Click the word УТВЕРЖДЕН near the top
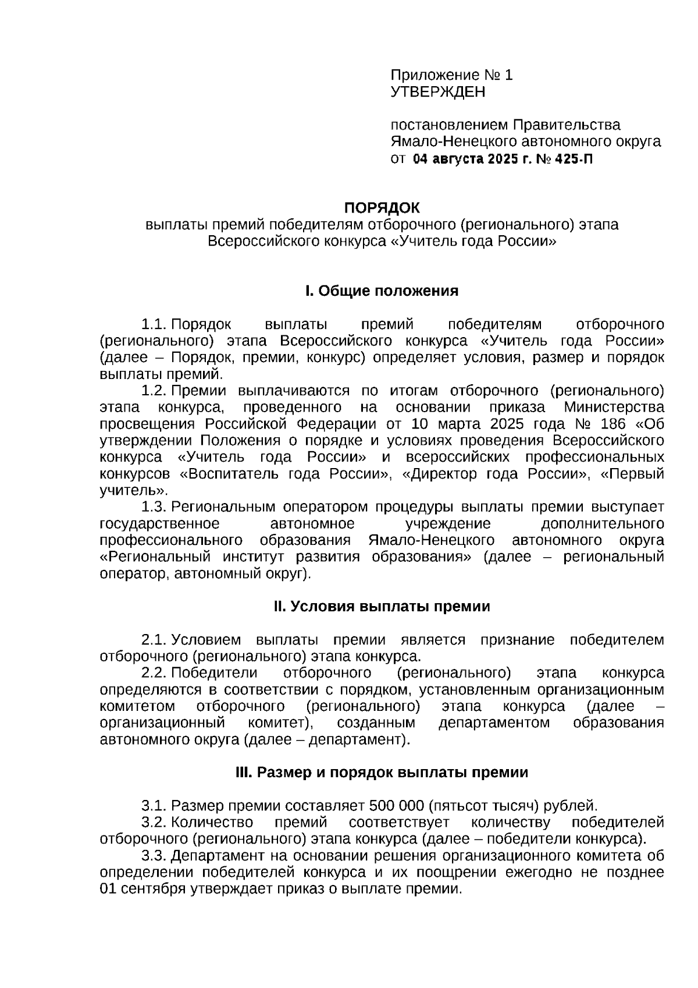tap(437, 92)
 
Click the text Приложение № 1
tap(451, 75)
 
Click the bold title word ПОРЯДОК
tap(382, 208)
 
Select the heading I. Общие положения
tap(382, 291)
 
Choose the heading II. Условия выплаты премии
tap(382, 606)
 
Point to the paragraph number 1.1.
tap(154, 324)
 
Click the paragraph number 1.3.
tap(154, 507)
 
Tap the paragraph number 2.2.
tap(154, 673)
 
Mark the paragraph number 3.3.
tap(154, 856)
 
